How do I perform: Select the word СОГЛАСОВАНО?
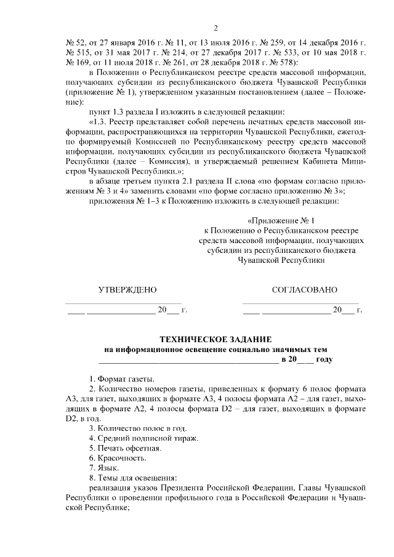(x=304, y=289)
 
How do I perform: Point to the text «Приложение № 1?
(x=280, y=220)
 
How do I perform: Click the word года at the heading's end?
(x=324, y=359)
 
